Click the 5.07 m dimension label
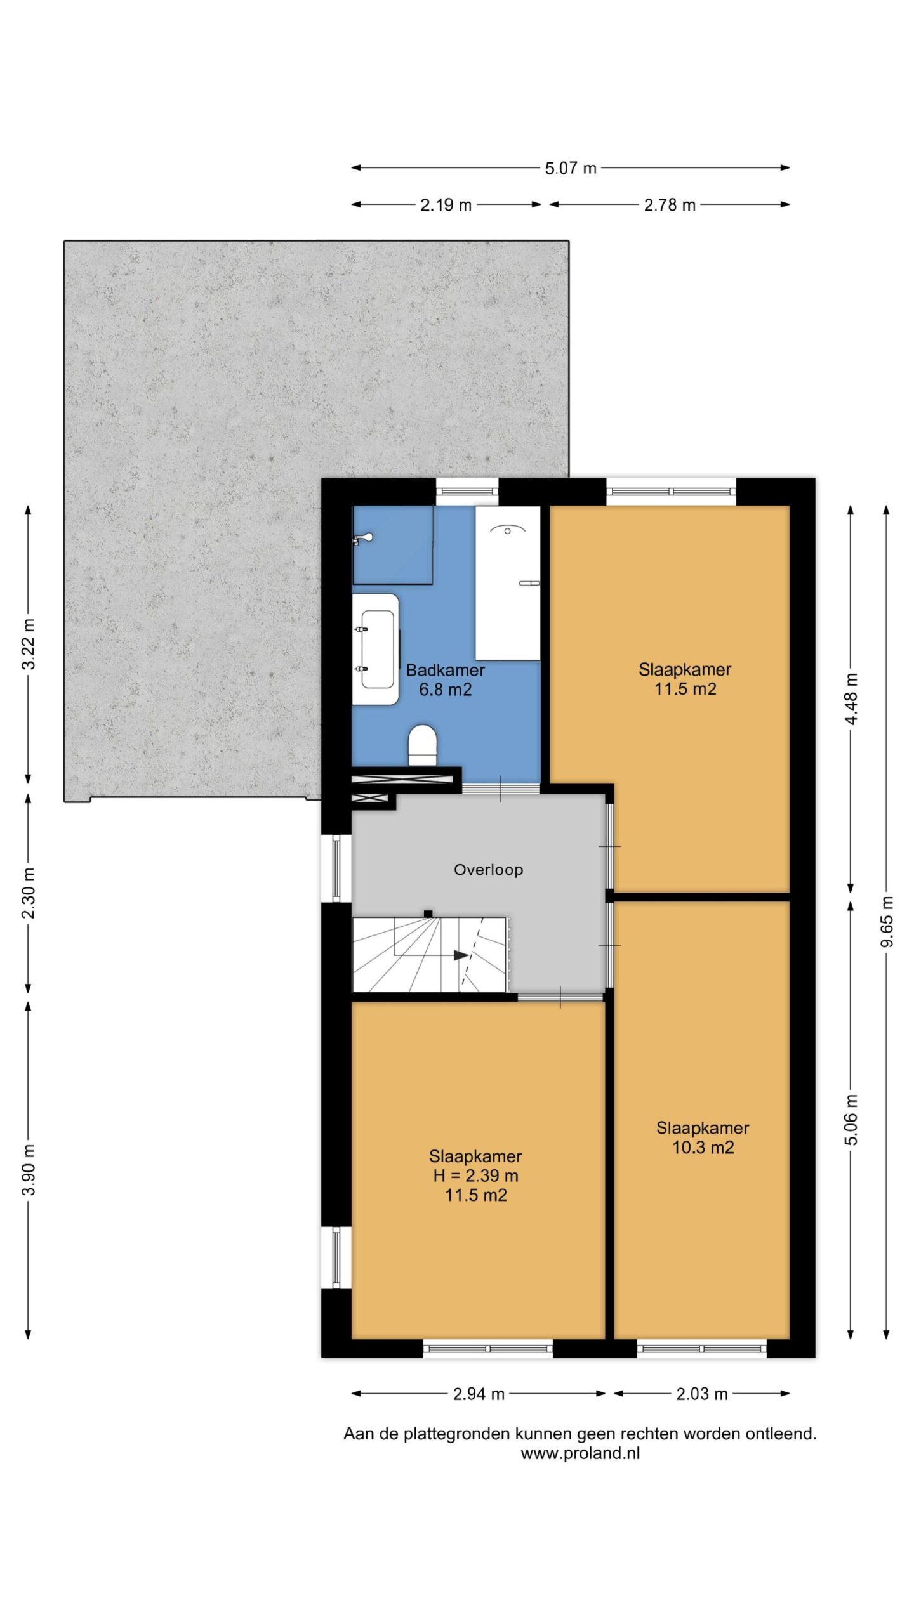coord(571,168)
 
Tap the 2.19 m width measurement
coord(446,205)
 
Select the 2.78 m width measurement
coord(670,205)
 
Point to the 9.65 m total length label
coord(887,922)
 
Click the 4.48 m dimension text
coord(851,699)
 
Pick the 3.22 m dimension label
coord(29,644)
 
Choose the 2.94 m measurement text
coord(479,1394)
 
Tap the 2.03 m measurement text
coord(701,1394)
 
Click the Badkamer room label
coord(446,670)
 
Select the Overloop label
coord(489,870)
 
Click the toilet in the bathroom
coord(423,745)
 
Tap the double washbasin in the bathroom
coord(376,649)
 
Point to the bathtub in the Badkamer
coord(508,583)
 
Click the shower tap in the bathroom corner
coord(363,539)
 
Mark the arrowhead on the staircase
coord(461,955)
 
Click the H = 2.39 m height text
coord(476,1175)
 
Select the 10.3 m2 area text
coord(703,1147)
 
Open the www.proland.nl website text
coord(580,1453)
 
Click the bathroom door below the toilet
coord(501,789)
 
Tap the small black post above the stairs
coord(428,914)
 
